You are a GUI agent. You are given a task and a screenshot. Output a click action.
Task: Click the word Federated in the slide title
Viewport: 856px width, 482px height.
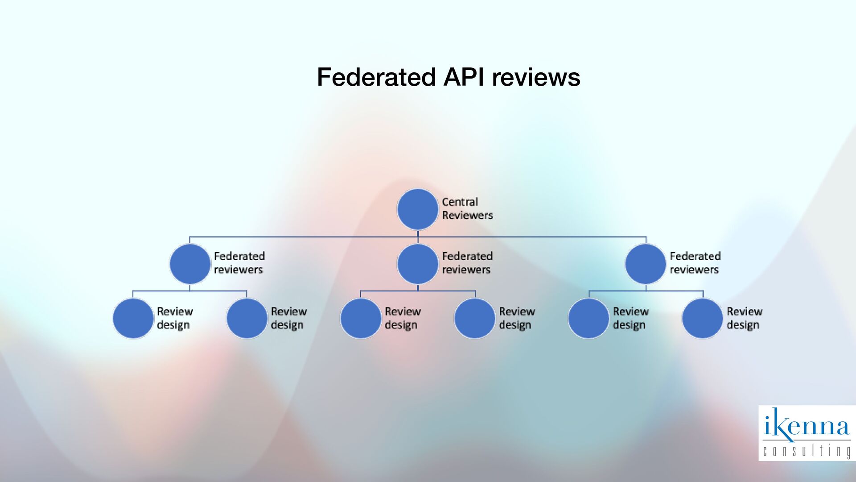point(376,77)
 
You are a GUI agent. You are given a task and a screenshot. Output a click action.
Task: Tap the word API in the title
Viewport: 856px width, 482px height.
point(463,77)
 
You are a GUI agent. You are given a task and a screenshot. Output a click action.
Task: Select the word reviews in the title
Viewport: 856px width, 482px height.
point(536,77)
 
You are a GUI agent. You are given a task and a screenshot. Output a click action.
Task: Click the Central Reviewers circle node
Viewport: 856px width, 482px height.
point(417,209)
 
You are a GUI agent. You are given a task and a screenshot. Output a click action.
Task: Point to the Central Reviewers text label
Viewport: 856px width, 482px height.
point(467,208)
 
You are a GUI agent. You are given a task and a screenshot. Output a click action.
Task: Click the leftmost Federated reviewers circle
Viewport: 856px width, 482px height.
point(190,264)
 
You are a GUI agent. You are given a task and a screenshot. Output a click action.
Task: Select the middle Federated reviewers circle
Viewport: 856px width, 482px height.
point(417,264)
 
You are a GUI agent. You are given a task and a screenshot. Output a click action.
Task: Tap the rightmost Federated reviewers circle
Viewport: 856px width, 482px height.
point(645,264)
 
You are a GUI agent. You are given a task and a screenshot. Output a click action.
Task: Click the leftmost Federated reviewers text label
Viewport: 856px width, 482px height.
point(239,263)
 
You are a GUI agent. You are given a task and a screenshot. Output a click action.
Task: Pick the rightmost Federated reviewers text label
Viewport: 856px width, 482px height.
point(695,263)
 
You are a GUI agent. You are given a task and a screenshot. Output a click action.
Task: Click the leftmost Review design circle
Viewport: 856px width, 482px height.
point(133,318)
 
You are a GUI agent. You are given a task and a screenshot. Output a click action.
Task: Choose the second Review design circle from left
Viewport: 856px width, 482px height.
point(247,318)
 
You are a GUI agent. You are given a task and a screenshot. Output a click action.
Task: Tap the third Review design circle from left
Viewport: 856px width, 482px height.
point(361,318)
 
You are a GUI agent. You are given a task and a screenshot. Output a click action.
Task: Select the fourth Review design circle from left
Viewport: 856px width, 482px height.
point(474,318)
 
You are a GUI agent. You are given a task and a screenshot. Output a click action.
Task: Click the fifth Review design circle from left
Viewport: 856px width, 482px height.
point(588,318)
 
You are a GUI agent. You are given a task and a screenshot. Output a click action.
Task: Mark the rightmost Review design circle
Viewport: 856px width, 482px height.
point(702,318)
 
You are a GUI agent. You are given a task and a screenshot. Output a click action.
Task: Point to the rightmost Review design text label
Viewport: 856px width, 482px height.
point(744,318)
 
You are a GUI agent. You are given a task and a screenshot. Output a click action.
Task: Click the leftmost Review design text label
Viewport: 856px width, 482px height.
point(174,318)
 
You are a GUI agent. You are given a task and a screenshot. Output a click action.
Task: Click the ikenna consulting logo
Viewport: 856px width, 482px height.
point(807,432)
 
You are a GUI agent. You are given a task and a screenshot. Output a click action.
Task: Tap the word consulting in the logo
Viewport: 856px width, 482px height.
point(807,451)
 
